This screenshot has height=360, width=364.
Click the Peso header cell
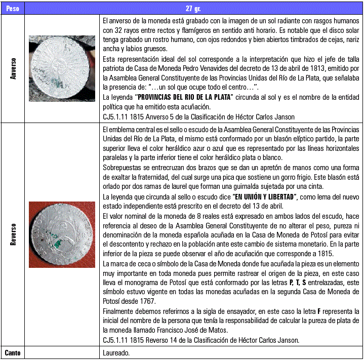tap(13, 9)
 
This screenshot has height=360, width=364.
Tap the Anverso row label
tap(13, 68)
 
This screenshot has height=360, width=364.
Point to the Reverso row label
tap(13, 234)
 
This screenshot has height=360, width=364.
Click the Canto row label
tap(13, 353)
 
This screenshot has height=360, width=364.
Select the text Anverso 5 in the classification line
tap(161, 117)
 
